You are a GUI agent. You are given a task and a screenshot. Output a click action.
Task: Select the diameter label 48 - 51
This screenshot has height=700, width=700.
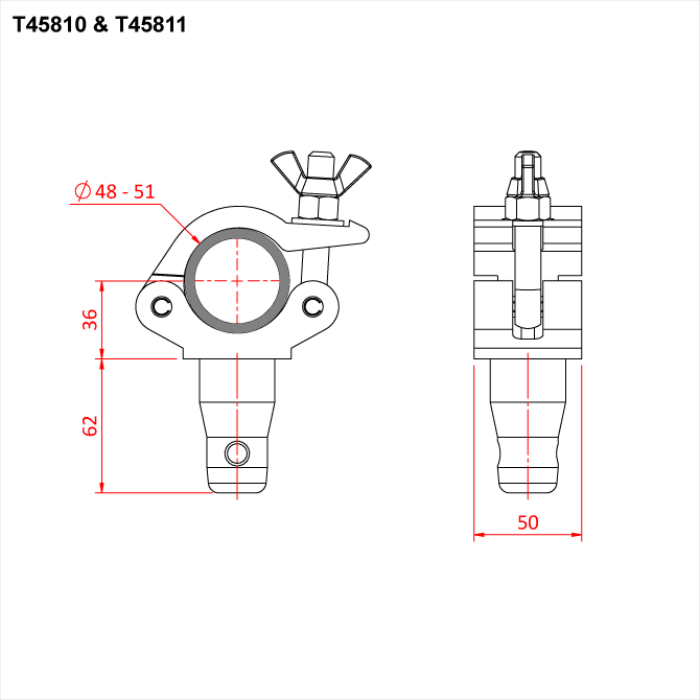[x=126, y=190]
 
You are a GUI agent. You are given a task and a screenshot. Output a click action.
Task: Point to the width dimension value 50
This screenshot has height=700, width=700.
[x=527, y=521]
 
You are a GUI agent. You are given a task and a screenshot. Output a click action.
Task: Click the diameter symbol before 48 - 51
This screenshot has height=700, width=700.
[x=83, y=190]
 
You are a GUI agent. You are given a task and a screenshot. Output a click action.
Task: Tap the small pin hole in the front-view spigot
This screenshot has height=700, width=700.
[x=237, y=452]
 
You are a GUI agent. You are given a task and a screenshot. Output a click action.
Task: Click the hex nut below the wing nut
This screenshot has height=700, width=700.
[x=320, y=206]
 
